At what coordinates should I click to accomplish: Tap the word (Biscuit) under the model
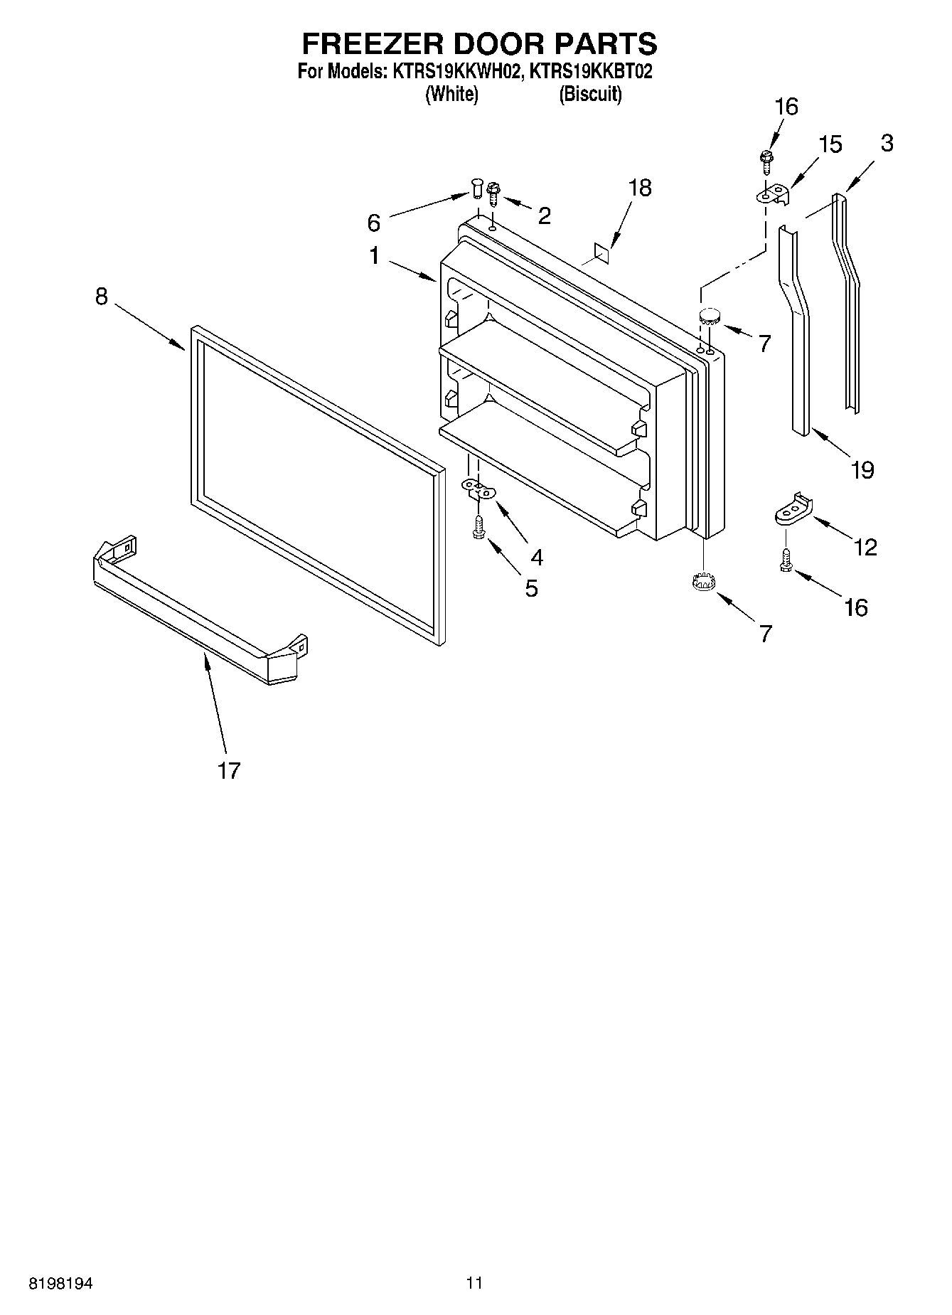click(590, 94)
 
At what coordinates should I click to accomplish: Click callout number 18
click(640, 188)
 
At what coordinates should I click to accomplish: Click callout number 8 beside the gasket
click(102, 297)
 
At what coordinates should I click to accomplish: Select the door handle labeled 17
click(199, 612)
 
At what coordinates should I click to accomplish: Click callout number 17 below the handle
click(229, 770)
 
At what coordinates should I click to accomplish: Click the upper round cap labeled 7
click(710, 316)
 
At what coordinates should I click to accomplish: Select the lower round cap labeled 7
click(702, 581)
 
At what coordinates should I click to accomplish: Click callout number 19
click(862, 469)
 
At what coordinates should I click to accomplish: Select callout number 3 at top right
click(886, 143)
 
